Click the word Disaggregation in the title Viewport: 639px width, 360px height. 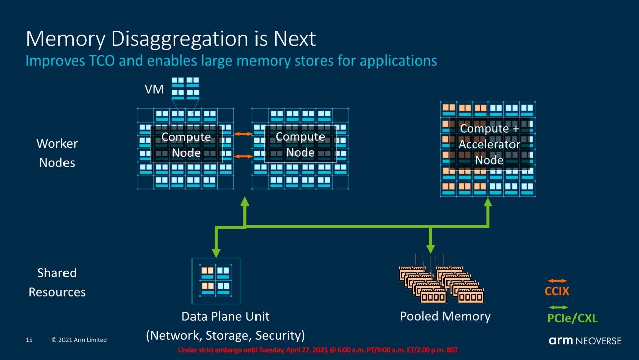pos(180,39)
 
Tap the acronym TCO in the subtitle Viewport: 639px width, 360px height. pos(102,61)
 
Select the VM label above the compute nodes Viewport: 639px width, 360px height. pos(154,89)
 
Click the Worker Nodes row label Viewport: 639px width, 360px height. pos(57,153)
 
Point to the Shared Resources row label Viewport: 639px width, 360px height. pos(57,283)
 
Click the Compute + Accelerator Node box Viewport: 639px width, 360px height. pos(489,144)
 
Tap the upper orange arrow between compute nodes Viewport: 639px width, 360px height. pos(243,134)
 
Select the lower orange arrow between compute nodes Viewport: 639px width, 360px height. pos(243,156)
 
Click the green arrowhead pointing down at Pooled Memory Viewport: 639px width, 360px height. pos(430,249)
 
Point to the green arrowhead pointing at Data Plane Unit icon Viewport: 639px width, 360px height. pos(216,253)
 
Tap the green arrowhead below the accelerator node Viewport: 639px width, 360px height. pos(488,202)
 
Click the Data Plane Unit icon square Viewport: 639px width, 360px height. pos(216,281)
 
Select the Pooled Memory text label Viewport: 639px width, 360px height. pos(445,316)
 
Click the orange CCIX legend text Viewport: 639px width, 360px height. pos(557,291)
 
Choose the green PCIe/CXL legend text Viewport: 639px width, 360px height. pos(572,318)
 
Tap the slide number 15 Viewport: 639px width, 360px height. pos(29,340)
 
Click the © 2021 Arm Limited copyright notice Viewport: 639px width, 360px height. pos(79,340)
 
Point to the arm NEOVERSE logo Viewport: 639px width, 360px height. pos(585,341)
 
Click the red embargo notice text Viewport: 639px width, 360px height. pos(318,350)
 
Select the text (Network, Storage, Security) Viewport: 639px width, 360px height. pos(225,336)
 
